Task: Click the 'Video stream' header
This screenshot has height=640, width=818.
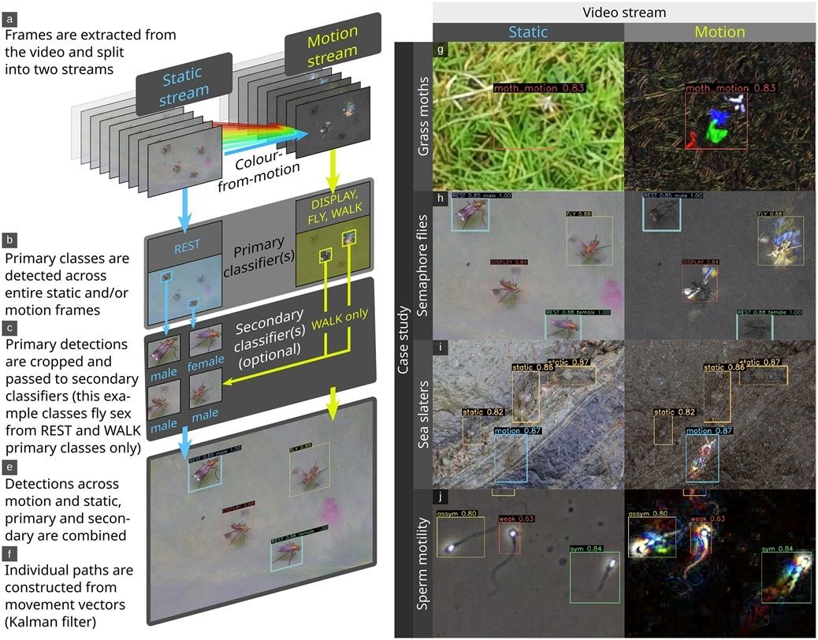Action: pos(623,12)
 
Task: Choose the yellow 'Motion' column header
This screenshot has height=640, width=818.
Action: pos(719,32)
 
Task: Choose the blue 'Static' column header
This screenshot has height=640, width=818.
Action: pos(527,32)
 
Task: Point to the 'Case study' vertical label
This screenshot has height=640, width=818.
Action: pos(403,339)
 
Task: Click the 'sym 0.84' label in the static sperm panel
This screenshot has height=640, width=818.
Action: pos(586,549)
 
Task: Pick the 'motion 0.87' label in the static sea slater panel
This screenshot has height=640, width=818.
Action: pos(516,431)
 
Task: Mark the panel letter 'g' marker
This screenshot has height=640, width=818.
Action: pos(441,49)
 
